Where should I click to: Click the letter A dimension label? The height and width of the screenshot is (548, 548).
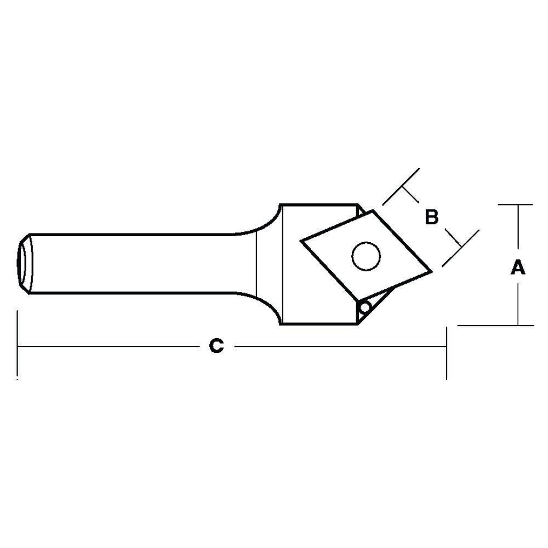[x=518, y=268]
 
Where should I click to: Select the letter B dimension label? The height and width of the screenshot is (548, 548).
[x=432, y=218]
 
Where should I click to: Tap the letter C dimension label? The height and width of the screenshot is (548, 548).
[x=217, y=346]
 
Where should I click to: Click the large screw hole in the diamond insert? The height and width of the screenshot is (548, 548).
[x=366, y=256]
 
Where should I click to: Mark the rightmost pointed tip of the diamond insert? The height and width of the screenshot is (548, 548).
[x=431, y=270]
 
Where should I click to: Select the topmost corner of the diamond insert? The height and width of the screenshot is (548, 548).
[x=373, y=210]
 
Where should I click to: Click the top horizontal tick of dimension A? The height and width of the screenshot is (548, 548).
[x=516, y=205]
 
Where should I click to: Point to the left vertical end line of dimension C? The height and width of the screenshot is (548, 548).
[x=18, y=345]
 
